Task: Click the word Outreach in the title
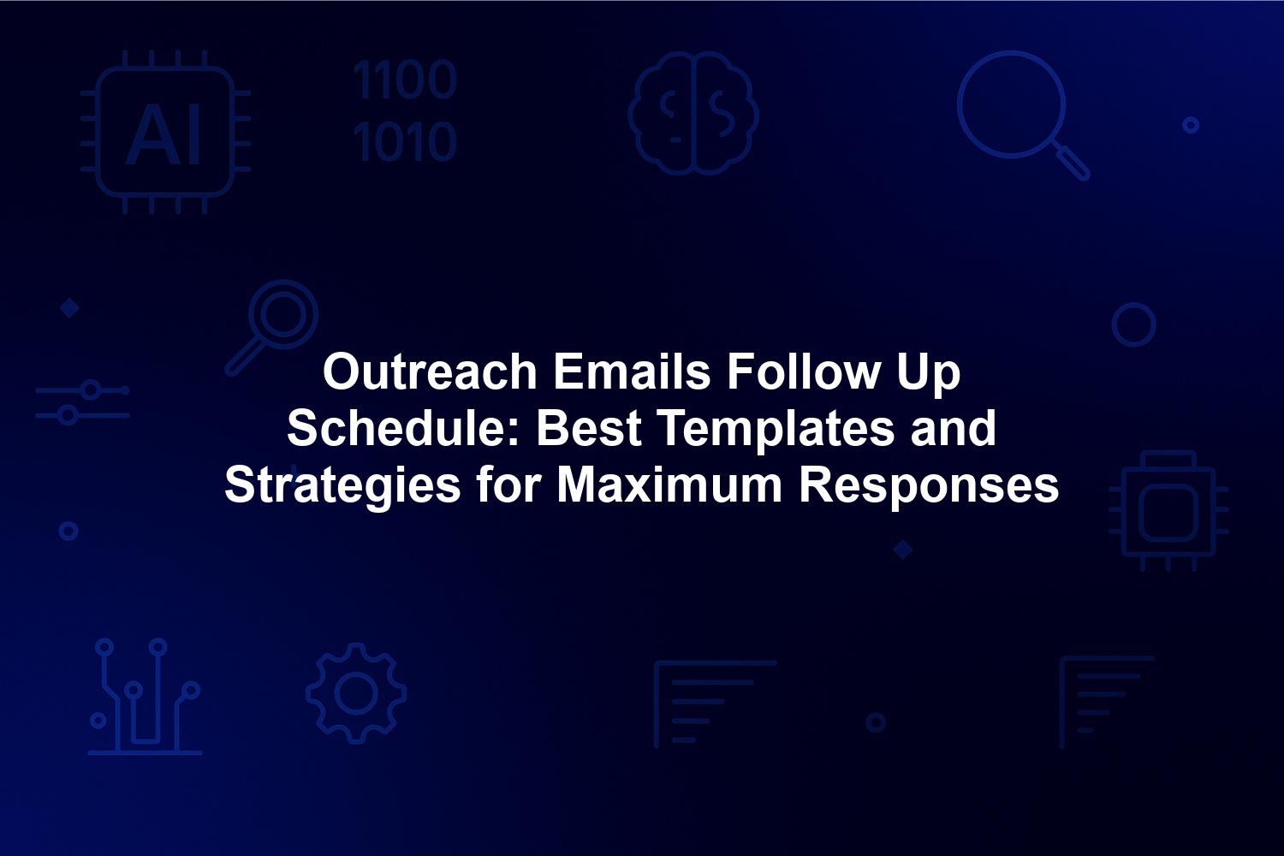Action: click(430, 372)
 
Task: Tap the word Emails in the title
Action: click(633, 372)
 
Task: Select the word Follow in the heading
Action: click(803, 372)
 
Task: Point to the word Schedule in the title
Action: click(403, 428)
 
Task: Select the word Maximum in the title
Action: click(670, 485)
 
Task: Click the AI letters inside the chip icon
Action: click(163, 134)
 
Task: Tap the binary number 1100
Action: click(405, 80)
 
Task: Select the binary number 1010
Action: click(405, 140)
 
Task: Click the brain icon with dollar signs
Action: click(693, 113)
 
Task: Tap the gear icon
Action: click(356, 693)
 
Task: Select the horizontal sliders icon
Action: click(82, 402)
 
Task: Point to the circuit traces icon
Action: click(145, 696)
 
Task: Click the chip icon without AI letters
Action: click(1168, 511)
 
